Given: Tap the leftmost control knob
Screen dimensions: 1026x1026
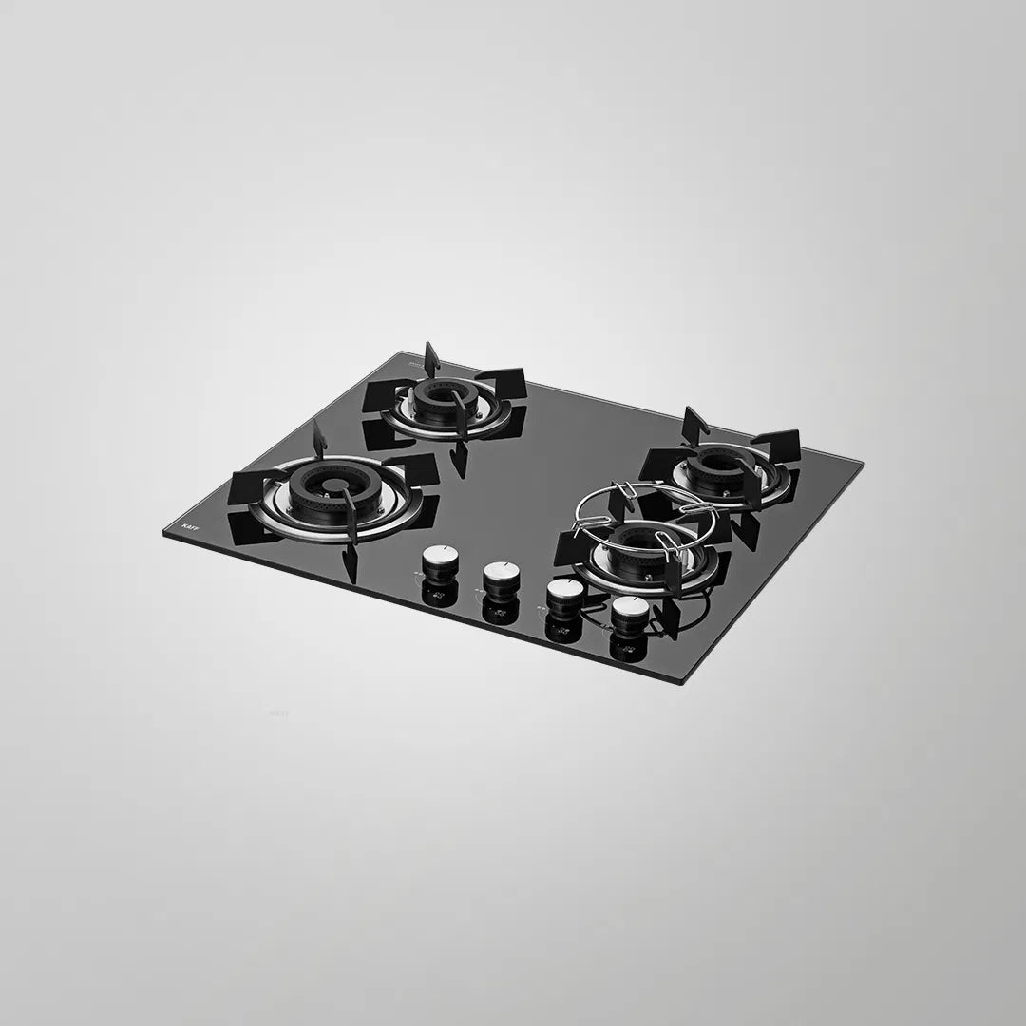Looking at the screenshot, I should click(438, 560).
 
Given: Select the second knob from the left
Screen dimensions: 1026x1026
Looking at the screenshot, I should click(500, 576).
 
